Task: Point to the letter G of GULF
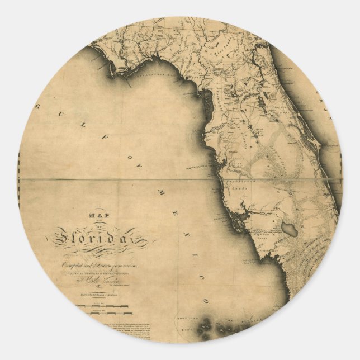click(39, 107)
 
